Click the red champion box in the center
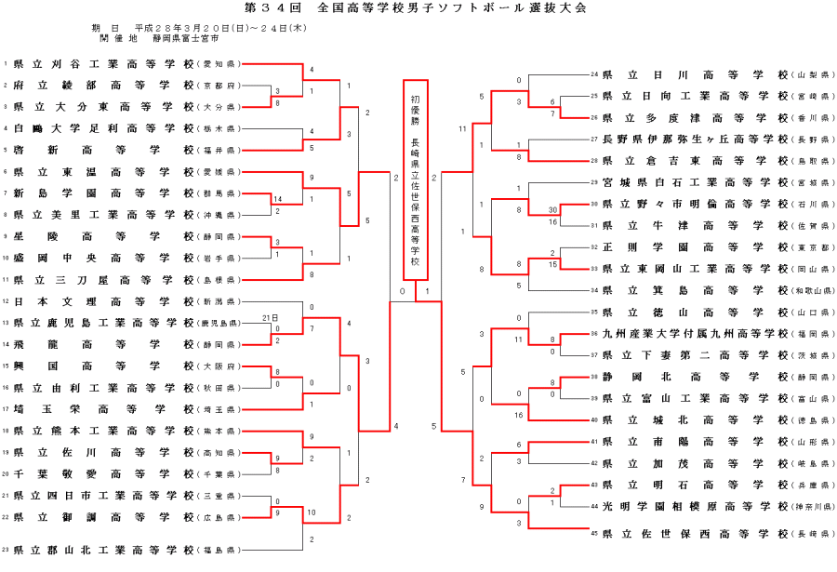pyautogui.click(x=415, y=179)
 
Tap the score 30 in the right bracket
pyautogui.click(x=553, y=210)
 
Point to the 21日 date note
pyautogui.click(x=271, y=317)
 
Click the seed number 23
pyautogui.click(x=6, y=551)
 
